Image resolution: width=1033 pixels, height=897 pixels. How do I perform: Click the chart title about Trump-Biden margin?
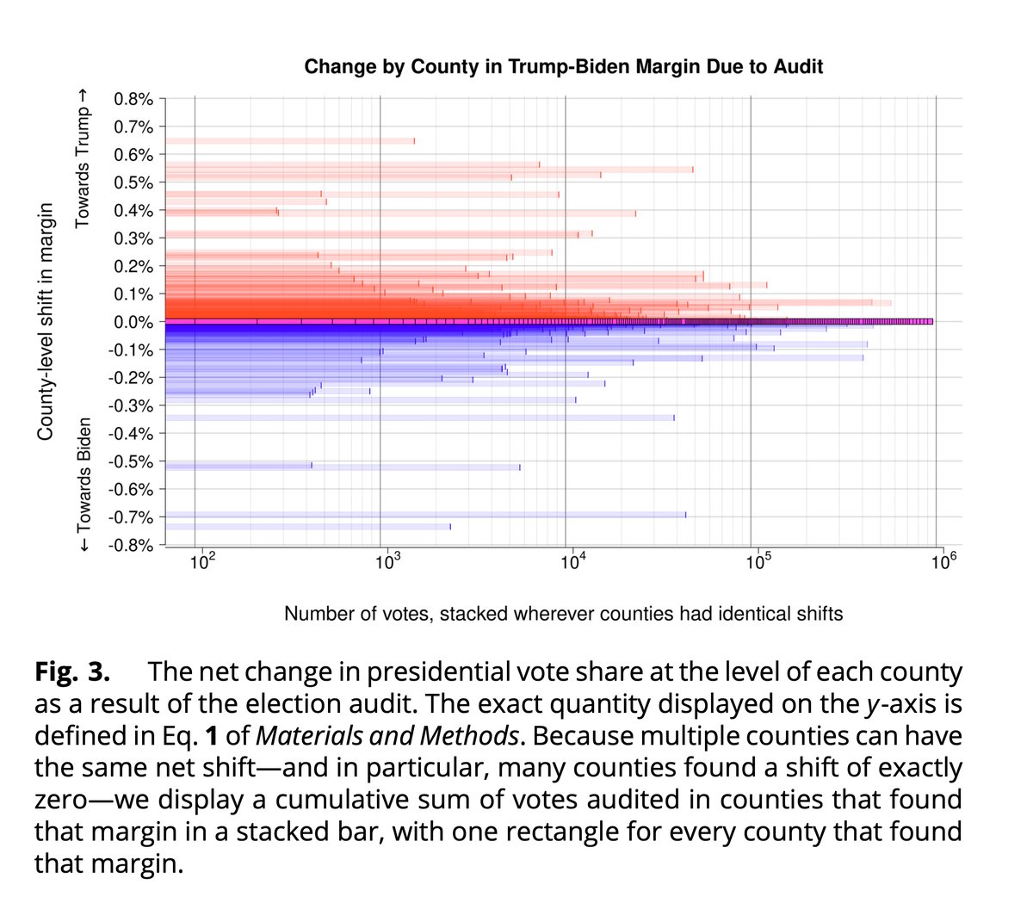click(564, 66)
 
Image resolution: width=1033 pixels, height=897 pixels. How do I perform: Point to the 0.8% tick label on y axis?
click(133, 99)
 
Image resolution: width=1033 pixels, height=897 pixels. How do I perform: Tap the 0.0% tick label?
click(133, 322)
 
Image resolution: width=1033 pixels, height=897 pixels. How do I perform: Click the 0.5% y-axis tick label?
click(133, 182)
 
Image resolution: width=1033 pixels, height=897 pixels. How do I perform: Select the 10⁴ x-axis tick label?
click(572, 564)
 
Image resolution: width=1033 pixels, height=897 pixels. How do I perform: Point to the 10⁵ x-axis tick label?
click(757, 564)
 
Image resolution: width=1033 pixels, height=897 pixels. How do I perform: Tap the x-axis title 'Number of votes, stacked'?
click(563, 614)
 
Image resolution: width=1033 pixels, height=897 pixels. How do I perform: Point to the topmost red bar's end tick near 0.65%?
click(414, 141)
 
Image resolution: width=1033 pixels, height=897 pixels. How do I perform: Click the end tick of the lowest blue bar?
click(449, 526)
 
